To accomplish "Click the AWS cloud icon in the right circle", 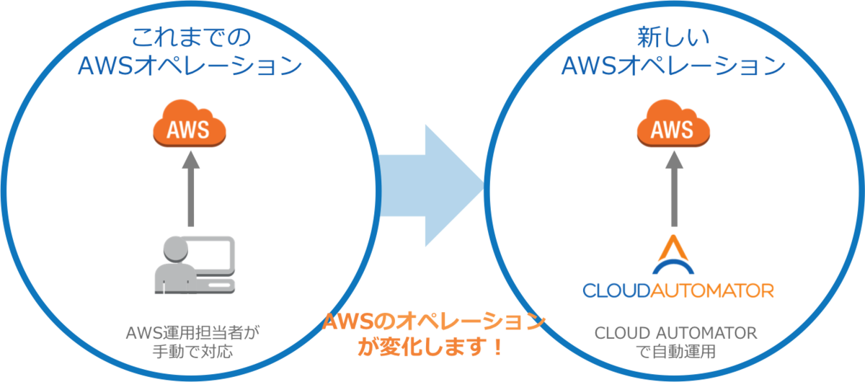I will click(x=673, y=128).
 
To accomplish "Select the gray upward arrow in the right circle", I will click(x=673, y=190).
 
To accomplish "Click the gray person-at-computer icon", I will click(x=194, y=265).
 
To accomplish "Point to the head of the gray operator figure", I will click(x=175, y=249).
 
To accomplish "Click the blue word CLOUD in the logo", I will click(x=618, y=290).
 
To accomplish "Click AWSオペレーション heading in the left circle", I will click(x=188, y=66).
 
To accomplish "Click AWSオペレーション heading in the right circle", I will click(x=673, y=66).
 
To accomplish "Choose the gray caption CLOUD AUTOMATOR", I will click(x=675, y=333).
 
